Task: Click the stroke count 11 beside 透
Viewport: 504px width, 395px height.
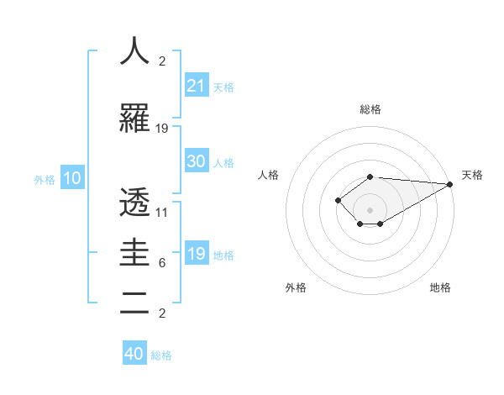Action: (162, 213)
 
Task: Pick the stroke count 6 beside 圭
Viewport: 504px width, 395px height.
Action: (162, 263)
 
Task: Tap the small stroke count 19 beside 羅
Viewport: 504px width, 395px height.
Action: (162, 129)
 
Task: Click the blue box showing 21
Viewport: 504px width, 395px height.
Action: (197, 86)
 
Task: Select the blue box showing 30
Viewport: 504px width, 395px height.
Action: (197, 161)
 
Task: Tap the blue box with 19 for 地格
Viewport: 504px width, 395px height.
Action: (197, 254)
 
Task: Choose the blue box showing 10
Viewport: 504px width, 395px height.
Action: (72, 178)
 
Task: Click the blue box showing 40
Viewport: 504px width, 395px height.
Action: (134, 354)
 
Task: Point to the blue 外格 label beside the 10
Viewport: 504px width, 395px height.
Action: (45, 179)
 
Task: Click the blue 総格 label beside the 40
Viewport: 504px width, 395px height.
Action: (161, 355)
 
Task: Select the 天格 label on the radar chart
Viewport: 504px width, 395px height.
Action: (472, 175)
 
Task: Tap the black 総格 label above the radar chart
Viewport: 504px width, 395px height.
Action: (370, 109)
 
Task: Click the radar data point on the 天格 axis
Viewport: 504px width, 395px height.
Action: (451, 184)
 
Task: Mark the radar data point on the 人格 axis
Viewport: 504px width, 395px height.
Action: (338, 200)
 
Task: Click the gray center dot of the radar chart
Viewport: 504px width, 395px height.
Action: (370, 209)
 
